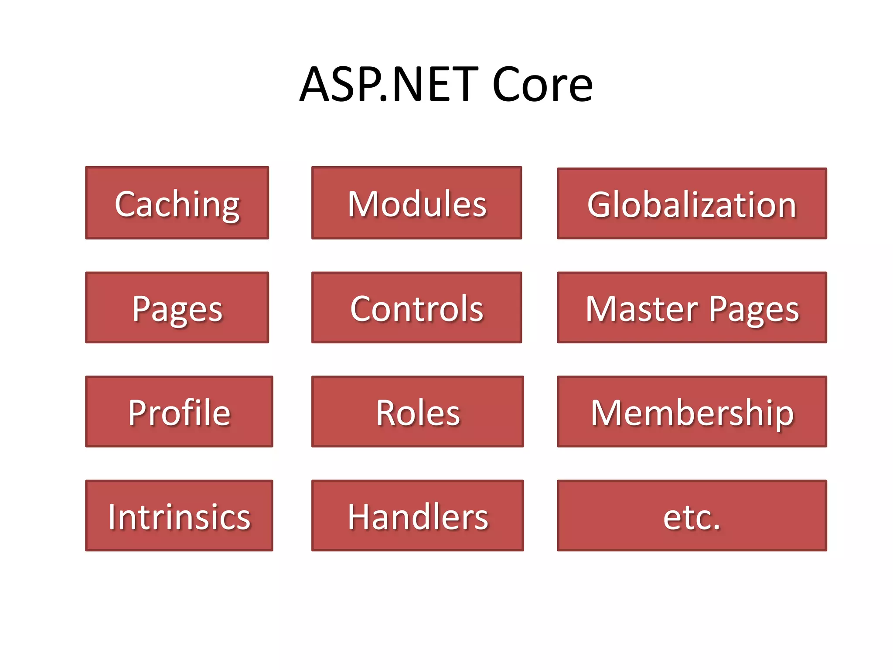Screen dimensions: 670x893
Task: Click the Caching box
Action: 177,203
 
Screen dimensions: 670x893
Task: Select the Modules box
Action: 416,203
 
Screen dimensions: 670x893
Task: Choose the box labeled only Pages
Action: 177,308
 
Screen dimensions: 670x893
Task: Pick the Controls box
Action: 416,308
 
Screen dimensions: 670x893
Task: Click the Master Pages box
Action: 692,308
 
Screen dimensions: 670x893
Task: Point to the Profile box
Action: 179,412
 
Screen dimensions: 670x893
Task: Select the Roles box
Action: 417,412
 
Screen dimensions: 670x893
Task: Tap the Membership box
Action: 692,412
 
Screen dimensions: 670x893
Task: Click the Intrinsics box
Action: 179,516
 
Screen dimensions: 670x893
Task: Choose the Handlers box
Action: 417,516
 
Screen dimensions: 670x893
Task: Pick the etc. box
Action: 692,516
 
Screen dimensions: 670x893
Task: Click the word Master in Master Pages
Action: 641,309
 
